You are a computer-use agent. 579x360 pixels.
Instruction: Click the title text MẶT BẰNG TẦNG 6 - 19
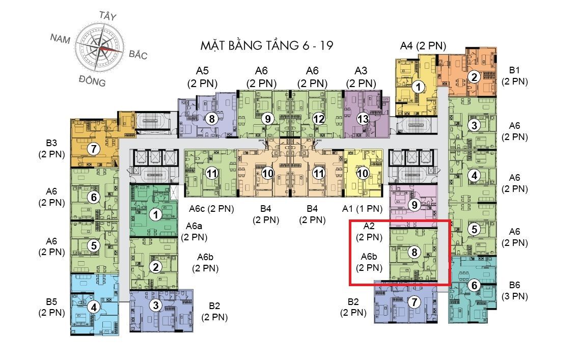tap(267, 45)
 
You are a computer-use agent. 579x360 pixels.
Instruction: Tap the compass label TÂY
tap(108, 16)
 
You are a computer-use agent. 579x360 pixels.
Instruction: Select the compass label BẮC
tap(138, 54)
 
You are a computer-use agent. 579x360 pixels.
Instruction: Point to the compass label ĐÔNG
tap(92, 80)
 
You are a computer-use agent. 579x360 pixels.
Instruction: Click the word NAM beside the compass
tap(60, 38)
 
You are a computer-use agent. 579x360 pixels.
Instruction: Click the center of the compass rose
tap(100, 48)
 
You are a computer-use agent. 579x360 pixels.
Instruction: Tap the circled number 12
tap(318, 119)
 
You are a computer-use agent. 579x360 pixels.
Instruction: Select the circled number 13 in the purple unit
tap(363, 119)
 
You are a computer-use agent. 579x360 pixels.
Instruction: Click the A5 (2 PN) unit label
tap(202, 77)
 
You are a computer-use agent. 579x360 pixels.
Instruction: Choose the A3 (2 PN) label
tap(361, 77)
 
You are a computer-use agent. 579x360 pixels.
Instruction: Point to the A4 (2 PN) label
tap(423, 46)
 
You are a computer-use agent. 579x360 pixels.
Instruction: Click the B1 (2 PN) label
tap(515, 76)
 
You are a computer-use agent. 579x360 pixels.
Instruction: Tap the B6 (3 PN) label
tap(515, 291)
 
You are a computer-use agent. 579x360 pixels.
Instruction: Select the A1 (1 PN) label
tap(362, 209)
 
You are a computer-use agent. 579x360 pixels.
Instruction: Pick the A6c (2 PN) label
tap(211, 209)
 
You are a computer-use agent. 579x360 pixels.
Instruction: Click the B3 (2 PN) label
tap(52, 149)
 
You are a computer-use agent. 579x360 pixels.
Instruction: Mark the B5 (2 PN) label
tap(52, 307)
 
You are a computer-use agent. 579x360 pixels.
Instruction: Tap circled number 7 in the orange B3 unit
tap(94, 149)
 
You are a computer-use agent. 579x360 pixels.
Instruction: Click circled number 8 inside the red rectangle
tap(415, 252)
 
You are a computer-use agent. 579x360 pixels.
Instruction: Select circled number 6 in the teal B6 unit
tap(474, 285)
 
